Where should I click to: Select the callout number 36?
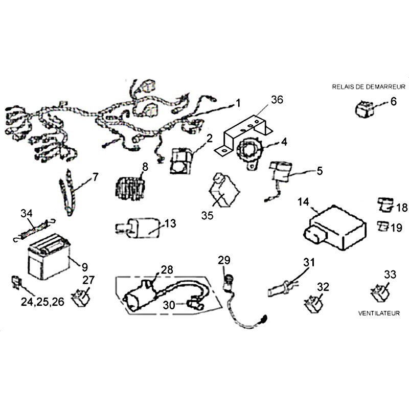(277, 100)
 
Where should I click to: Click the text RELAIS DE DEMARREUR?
(369, 87)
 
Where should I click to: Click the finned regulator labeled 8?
(128, 186)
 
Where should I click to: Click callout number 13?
(170, 223)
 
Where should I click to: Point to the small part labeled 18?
(385, 204)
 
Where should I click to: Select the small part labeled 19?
(382, 225)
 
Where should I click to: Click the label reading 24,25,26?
(42, 302)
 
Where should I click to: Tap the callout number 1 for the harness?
(237, 103)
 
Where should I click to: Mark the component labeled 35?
(222, 192)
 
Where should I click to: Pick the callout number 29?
(224, 260)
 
